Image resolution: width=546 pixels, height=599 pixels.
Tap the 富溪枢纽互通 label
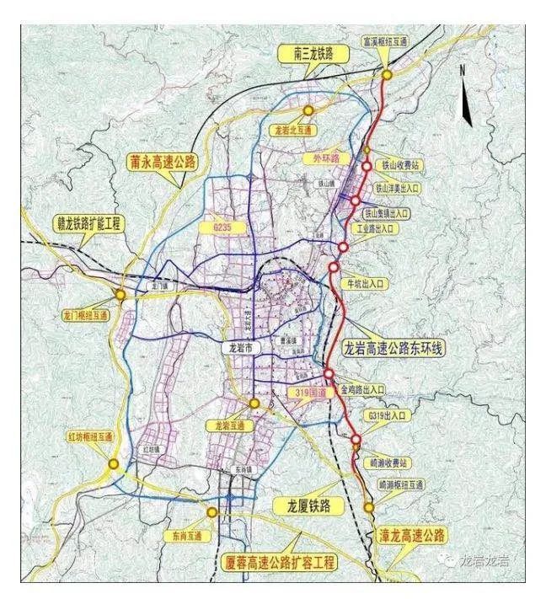point(386,40)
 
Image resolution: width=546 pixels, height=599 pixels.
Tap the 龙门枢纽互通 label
point(85,317)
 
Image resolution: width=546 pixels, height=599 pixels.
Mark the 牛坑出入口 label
point(365,285)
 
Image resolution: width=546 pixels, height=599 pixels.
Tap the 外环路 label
point(323,158)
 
